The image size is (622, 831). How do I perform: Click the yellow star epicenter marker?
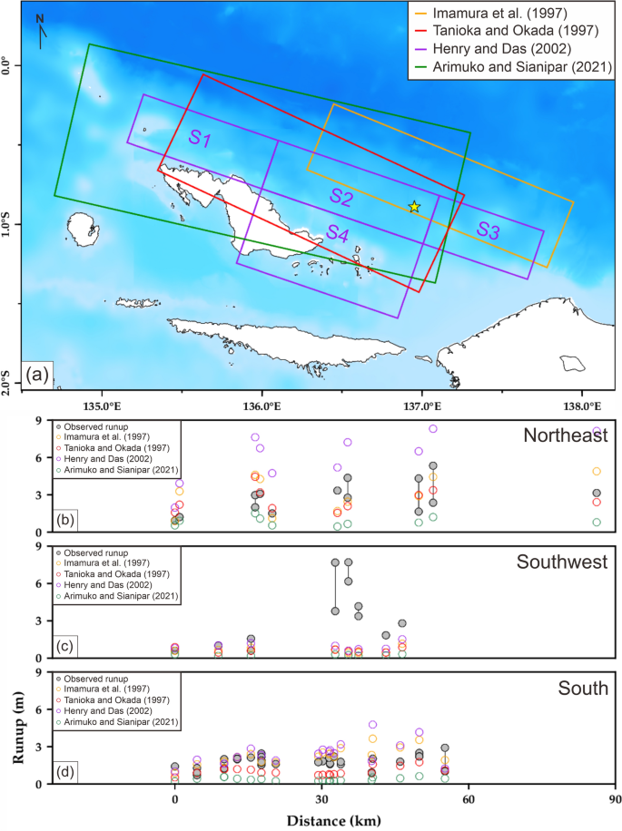click(x=414, y=207)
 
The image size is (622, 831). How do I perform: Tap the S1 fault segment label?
click(x=200, y=140)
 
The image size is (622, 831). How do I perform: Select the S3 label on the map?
click(x=488, y=230)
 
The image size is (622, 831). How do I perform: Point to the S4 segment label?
click(x=337, y=231)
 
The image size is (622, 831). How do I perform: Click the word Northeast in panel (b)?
click(x=565, y=436)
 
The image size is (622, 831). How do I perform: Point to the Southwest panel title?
click(x=562, y=562)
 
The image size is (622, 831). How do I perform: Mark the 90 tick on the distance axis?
click(x=615, y=801)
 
